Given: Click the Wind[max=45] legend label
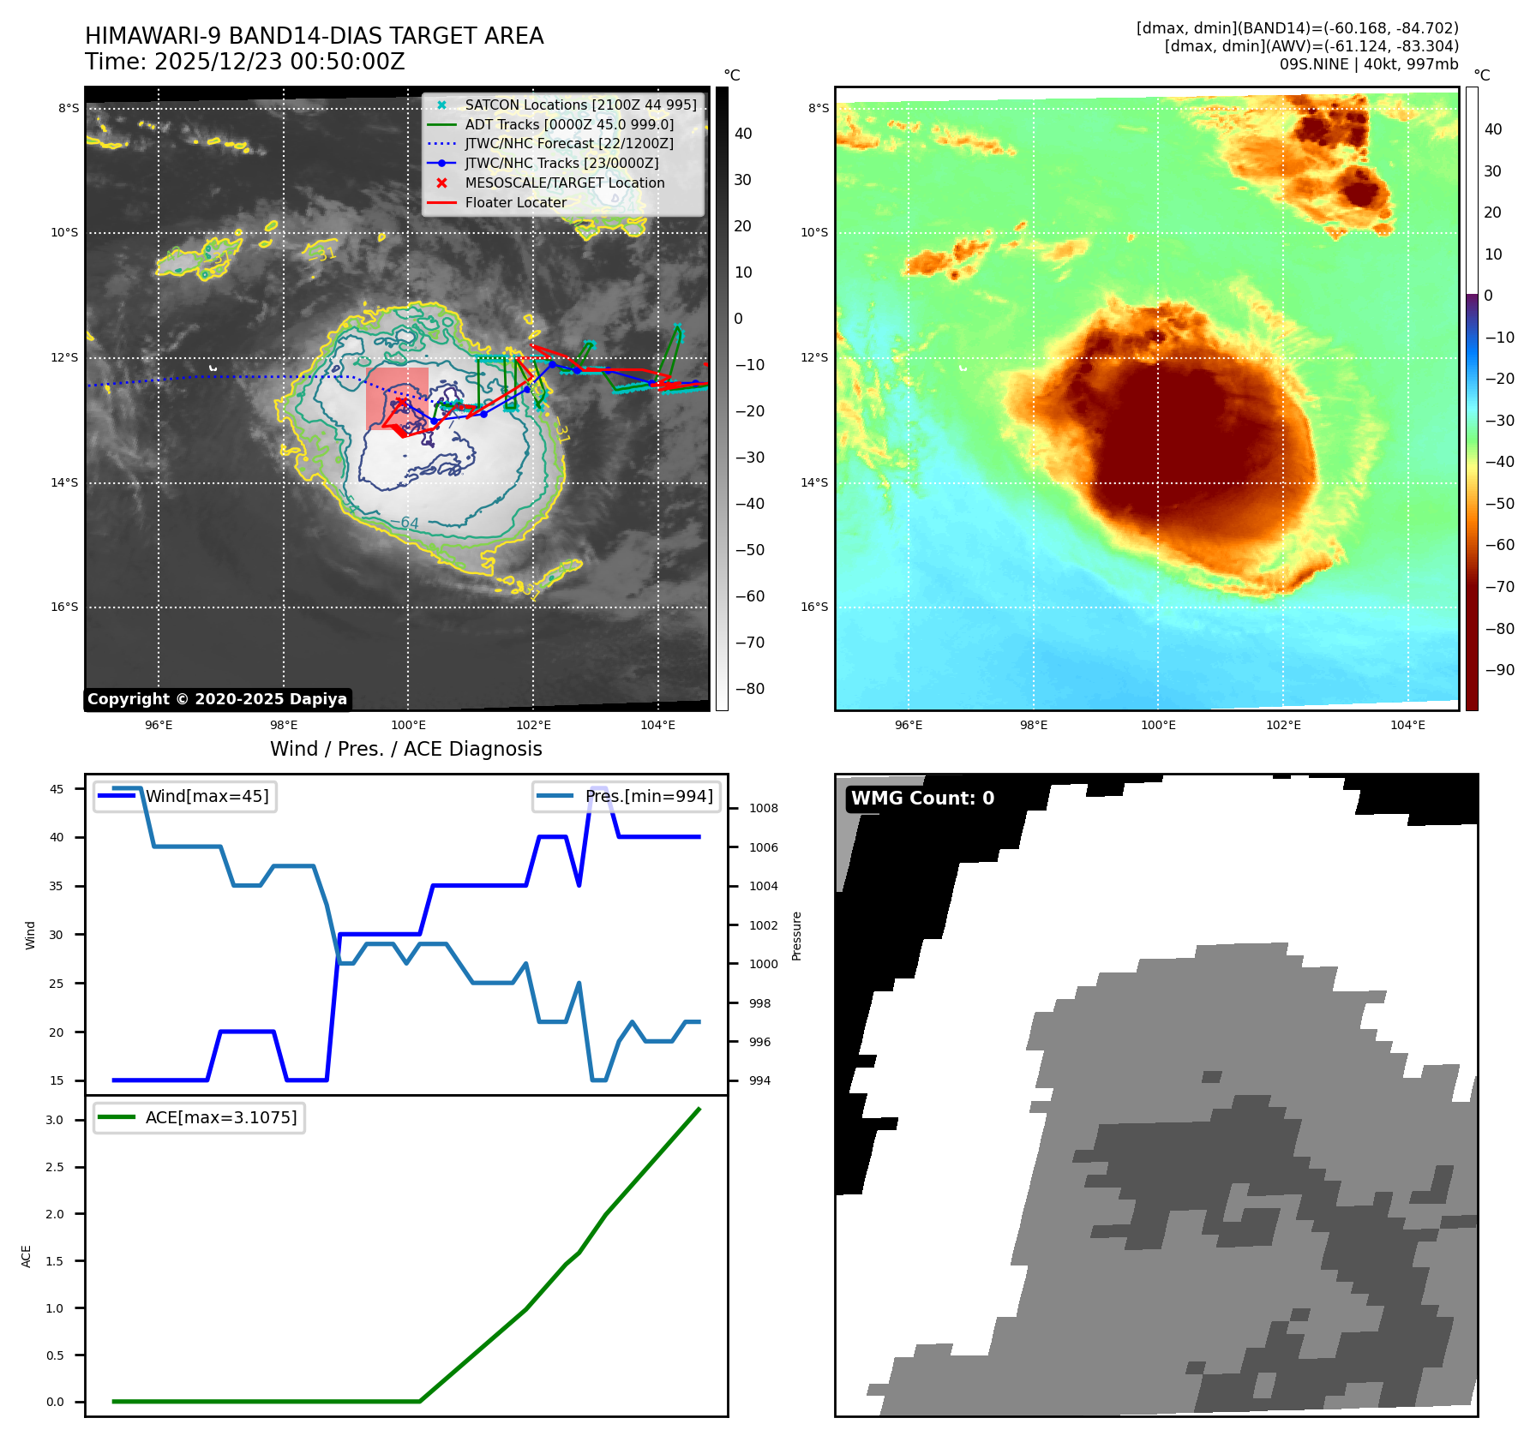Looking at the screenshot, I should click(207, 796).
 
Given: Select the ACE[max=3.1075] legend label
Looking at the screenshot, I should click(221, 1117).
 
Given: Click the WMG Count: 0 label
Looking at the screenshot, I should click(922, 799).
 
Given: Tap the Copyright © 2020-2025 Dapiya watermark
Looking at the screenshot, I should click(217, 699).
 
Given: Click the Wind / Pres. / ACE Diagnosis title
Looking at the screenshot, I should click(405, 749).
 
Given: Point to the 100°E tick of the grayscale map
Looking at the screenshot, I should click(408, 725).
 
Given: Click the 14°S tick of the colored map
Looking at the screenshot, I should click(814, 482).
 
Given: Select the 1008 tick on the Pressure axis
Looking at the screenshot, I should click(763, 808).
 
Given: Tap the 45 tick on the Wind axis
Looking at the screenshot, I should click(57, 789).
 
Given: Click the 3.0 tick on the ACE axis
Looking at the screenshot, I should click(55, 1120).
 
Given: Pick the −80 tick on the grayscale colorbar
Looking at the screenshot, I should click(749, 689).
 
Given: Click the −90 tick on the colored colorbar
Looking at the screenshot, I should click(1499, 670).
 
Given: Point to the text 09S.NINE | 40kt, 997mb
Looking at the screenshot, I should click(1368, 64).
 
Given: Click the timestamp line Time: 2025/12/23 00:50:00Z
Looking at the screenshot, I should click(244, 62).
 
